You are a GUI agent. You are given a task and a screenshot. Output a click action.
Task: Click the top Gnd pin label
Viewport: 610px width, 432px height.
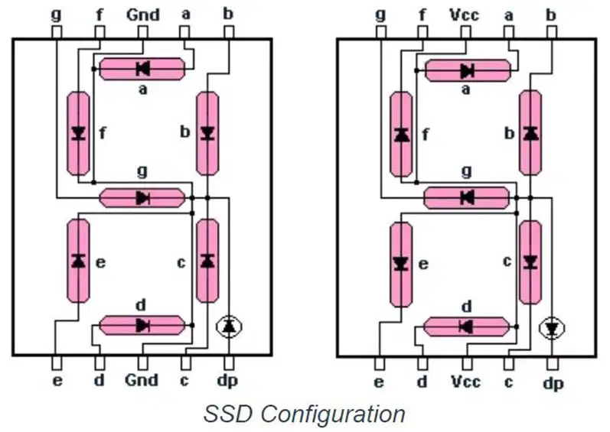click(x=143, y=15)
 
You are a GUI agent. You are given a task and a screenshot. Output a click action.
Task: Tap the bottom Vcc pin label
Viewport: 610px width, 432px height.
click(x=465, y=382)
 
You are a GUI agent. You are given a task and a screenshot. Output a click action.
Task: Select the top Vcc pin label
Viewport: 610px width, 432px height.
click(x=465, y=15)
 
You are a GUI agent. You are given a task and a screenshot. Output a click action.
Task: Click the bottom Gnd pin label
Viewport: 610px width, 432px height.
click(x=142, y=379)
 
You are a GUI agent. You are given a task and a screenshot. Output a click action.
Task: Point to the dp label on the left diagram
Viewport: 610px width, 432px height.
click(x=227, y=381)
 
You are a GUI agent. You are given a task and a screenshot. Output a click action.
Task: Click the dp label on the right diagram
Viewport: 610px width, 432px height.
click(x=553, y=383)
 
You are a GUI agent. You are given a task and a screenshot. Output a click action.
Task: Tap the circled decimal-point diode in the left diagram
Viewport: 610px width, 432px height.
click(x=229, y=326)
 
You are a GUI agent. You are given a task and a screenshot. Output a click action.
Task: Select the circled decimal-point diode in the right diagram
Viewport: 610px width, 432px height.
click(x=552, y=329)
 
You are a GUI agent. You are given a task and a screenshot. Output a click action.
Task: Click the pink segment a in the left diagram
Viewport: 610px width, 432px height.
click(x=142, y=69)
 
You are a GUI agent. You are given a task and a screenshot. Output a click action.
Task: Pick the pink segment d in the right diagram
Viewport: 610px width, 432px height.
click(x=466, y=326)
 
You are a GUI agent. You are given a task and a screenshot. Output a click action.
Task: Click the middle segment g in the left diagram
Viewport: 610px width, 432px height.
click(x=142, y=198)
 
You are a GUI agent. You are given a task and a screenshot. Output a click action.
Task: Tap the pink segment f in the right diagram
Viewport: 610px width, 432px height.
click(x=401, y=135)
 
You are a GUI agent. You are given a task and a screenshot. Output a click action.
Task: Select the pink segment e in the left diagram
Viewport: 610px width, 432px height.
click(x=79, y=261)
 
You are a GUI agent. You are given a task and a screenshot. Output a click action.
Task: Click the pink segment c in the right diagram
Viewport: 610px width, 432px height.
click(x=530, y=262)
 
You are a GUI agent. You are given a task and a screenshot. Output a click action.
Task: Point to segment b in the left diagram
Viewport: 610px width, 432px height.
click(x=207, y=133)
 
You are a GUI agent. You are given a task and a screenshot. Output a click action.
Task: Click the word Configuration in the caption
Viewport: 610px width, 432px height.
click(x=333, y=415)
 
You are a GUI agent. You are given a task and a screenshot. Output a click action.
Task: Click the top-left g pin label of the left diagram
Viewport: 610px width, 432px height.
click(x=57, y=15)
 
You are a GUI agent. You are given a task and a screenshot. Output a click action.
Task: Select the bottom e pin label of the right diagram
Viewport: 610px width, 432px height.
click(x=379, y=382)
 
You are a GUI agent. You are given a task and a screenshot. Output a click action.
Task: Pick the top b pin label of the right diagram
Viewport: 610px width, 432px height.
click(x=551, y=15)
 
